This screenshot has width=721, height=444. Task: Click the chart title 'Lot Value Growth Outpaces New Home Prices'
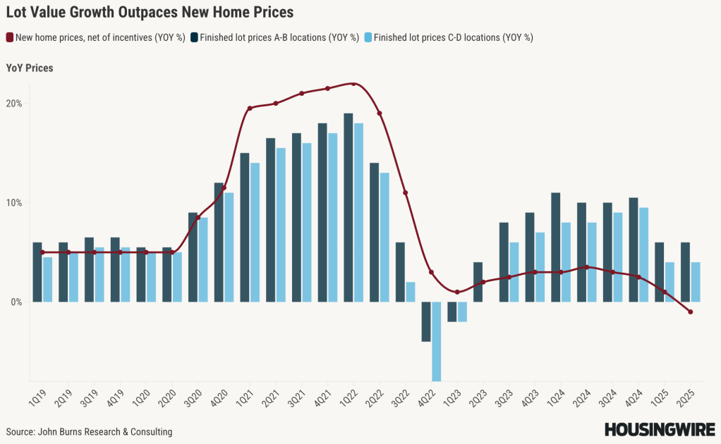pos(150,12)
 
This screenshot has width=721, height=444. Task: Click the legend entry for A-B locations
pos(275,37)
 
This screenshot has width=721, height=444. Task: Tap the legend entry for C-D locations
pos(449,37)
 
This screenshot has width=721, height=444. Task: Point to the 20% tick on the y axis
pos(14,104)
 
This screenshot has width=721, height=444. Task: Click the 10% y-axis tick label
pos(14,203)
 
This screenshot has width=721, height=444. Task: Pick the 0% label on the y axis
pos(17,302)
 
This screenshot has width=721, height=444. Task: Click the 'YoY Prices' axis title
pos(30,68)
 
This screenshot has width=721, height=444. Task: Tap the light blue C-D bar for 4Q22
pos(436,341)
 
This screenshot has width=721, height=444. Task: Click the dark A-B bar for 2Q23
pos(478,282)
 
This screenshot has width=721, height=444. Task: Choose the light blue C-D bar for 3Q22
pos(411,292)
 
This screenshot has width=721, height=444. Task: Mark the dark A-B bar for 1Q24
pos(556,247)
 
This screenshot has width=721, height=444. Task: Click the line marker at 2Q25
pos(690,312)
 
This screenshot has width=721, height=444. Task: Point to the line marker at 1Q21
pos(250,109)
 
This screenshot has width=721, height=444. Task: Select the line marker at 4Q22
pos(431,272)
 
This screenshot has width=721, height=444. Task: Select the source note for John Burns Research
pos(89,431)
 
